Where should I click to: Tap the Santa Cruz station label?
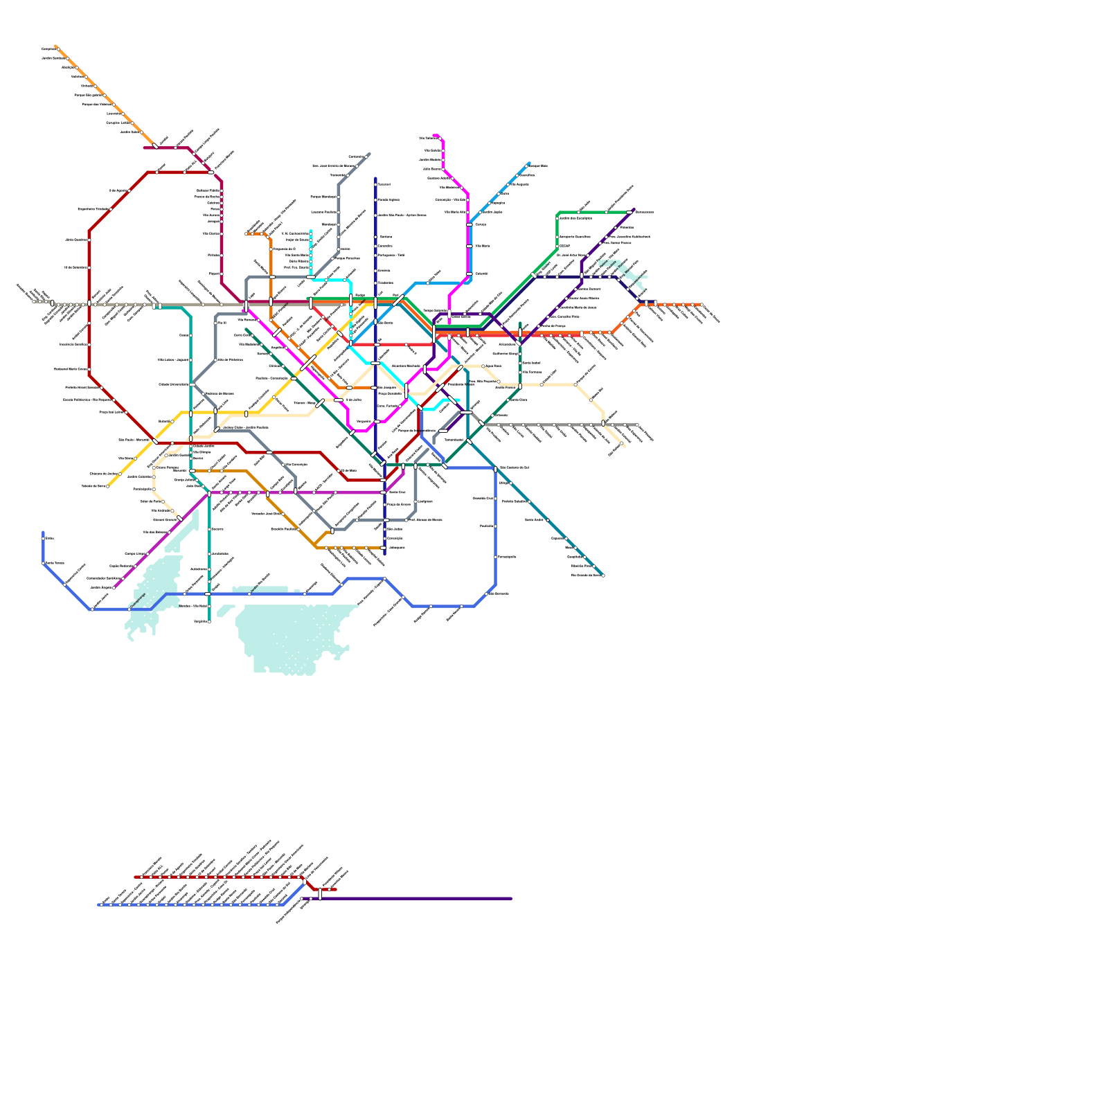(397, 492)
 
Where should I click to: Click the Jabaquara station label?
(396, 547)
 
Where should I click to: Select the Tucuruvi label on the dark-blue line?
(384, 184)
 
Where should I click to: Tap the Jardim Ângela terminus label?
(100, 587)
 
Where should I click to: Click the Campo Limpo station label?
(135, 554)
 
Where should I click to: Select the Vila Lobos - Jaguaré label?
(173, 359)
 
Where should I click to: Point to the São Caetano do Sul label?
(514, 467)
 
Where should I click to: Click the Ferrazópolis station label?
(507, 557)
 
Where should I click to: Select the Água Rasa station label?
(493, 366)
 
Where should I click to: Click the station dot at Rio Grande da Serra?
(603, 575)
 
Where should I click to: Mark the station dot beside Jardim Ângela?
(115, 587)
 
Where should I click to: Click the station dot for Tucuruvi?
(375, 184)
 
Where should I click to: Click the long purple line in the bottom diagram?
(415, 899)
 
